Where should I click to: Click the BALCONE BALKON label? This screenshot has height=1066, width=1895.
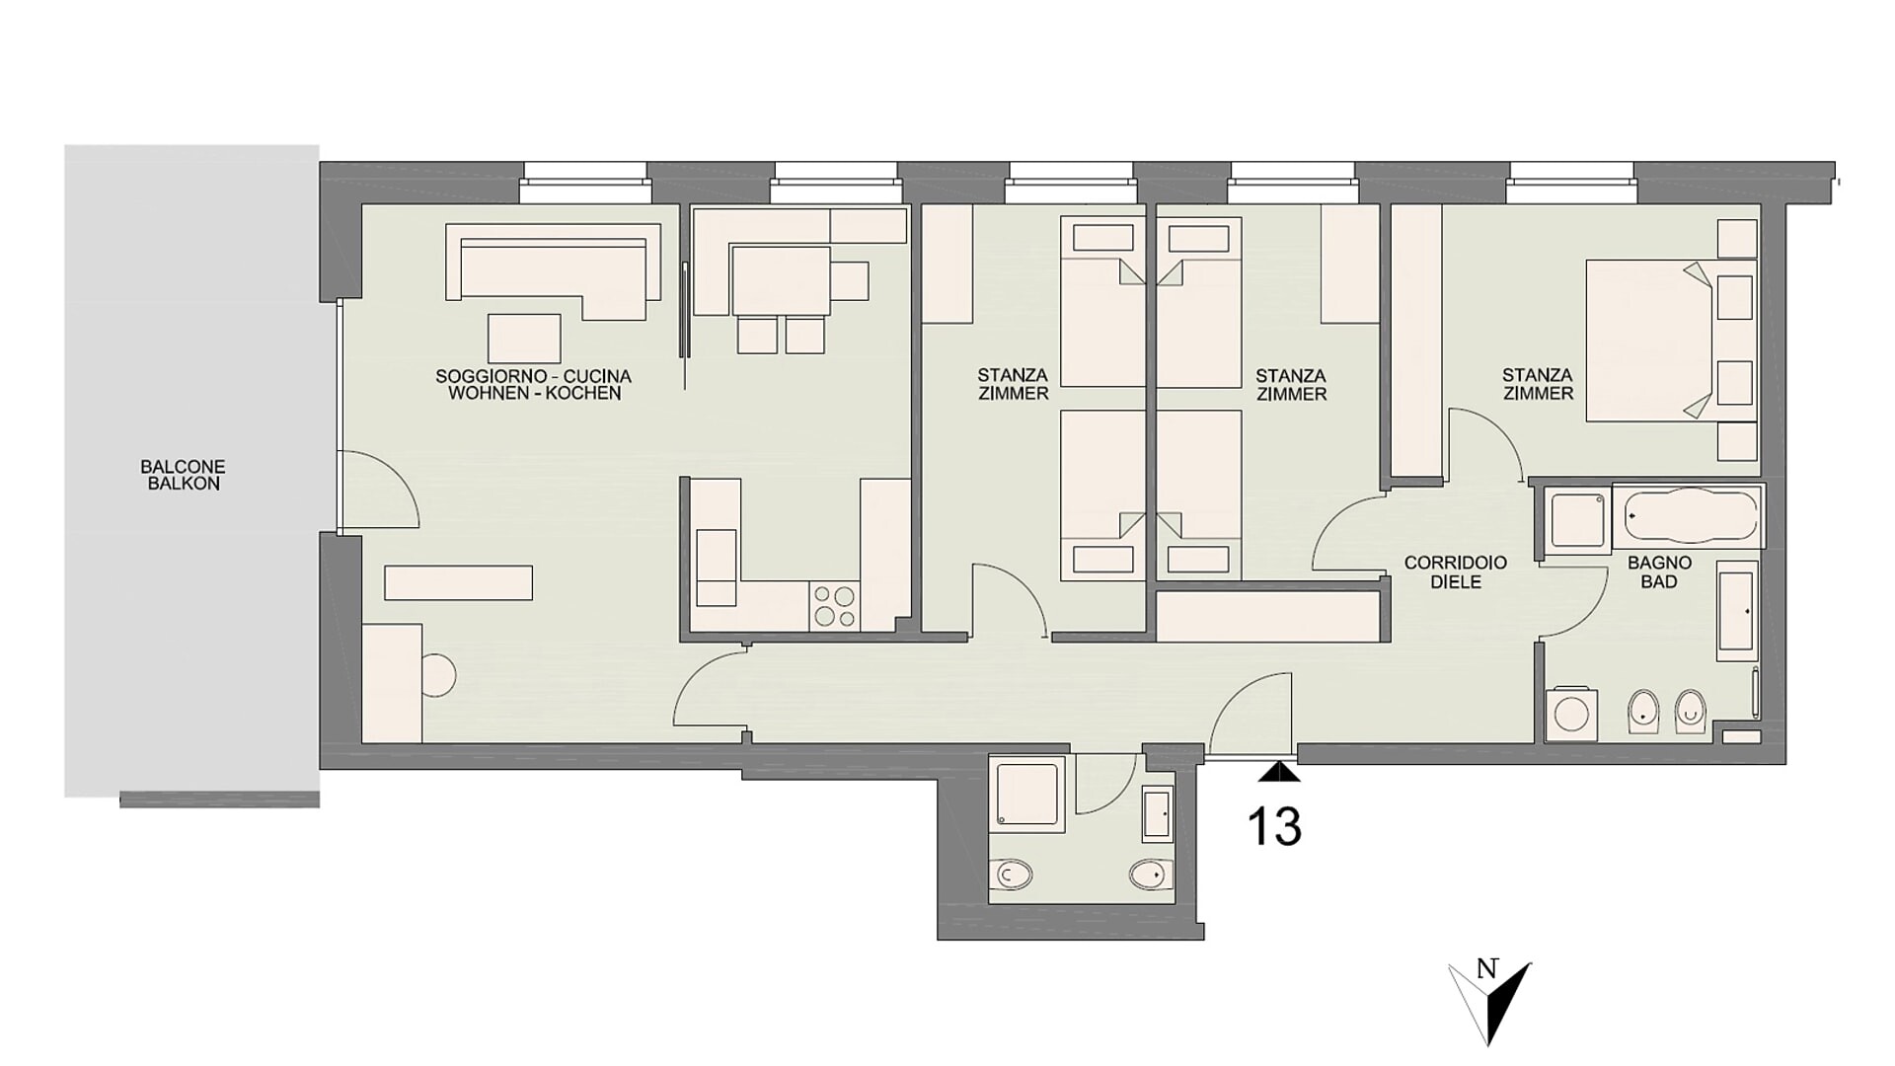(x=183, y=475)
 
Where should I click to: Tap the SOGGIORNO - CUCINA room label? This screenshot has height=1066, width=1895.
(x=533, y=376)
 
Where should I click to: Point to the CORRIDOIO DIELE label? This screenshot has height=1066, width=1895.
(x=1456, y=572)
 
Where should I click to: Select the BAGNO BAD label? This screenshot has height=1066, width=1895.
(x=1659, y=572)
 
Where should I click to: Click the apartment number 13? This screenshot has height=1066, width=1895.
(x=1274, y=826)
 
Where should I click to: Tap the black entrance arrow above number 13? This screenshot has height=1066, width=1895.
(x=1280, y=772)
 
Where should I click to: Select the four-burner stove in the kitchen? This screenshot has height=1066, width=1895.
(x=835, y=605)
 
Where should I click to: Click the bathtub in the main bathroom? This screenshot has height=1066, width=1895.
(x=1689, y=515)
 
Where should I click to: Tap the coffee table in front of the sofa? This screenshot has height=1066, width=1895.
(x=524, y=338)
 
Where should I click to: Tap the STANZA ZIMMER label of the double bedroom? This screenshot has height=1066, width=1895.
(x=1538, y=384)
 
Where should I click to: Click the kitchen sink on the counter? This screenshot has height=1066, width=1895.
(x=717, y=568)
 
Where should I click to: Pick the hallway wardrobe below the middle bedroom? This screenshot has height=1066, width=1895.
(x=1267, y=616)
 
